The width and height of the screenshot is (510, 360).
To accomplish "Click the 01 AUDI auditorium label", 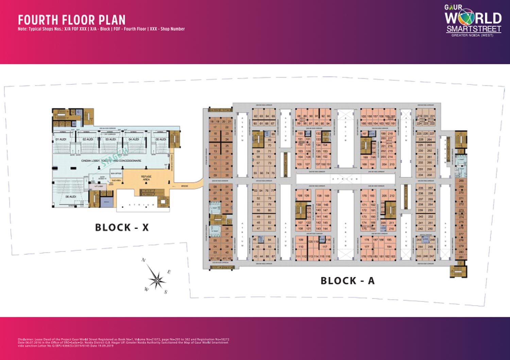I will point(61,140).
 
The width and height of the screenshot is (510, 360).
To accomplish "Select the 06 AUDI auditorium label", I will point(71,197).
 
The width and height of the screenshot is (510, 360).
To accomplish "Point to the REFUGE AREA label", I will point(146,178).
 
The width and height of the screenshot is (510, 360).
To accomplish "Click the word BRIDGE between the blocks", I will point(184,186).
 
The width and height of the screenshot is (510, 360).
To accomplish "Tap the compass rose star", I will point(157,279).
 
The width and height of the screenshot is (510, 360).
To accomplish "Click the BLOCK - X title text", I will point(122,227).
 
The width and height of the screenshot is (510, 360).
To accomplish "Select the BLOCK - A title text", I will point(347,281).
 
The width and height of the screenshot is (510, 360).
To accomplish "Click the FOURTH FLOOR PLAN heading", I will point(72,20).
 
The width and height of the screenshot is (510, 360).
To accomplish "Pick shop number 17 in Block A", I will point(215,127).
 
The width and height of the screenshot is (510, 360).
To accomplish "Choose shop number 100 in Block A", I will point(300,133).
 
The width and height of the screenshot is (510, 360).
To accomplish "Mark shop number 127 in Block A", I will point(307,164).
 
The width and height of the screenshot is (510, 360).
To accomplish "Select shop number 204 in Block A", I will point(384,164).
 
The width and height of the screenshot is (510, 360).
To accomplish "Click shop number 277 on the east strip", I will point(461,234).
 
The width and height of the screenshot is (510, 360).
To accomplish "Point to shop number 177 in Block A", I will point(367,247).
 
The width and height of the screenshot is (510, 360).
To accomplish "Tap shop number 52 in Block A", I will point(258,198).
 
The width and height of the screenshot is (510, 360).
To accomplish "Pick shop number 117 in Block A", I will point(325,247).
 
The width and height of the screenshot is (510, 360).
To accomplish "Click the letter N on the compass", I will point(143,260).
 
